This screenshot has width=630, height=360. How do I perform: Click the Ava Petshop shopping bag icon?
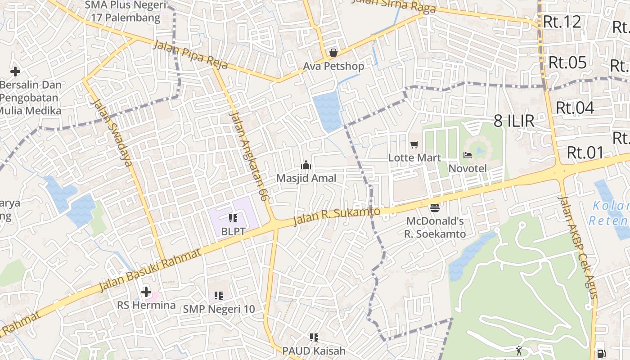click(333, 53)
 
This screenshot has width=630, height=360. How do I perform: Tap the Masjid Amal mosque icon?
click(306, 165)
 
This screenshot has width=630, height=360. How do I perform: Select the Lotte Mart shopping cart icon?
click(414, 145)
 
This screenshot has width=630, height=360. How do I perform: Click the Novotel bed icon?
click(468, 156)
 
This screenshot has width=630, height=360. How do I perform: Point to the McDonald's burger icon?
click(434, 207)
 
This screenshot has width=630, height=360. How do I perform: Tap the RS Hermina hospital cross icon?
click(146, 292)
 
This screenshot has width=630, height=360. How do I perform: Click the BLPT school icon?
click(233, 218)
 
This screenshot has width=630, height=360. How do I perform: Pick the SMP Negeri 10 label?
click(219, 309)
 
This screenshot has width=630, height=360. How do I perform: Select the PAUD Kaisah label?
click(314, 351)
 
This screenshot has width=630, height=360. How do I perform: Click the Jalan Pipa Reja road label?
click(190, 55)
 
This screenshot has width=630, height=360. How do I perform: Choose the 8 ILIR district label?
click(514, 121)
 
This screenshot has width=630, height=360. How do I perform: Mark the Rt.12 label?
click(562, 22)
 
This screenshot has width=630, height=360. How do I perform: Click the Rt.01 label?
click(585, 153)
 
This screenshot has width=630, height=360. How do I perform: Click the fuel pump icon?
click(601, 354)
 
